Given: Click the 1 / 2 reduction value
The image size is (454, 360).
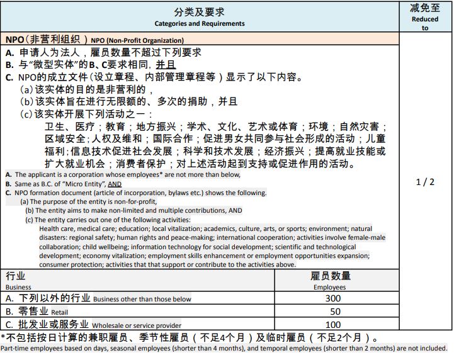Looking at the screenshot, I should [425, 182].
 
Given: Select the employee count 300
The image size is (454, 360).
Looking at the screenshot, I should [334, 298].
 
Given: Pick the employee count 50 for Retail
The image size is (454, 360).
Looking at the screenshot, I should [334, 312].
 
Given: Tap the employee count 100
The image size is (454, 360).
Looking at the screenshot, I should [334, 325].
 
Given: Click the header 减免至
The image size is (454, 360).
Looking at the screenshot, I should [425, 8].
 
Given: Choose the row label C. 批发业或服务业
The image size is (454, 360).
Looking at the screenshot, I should [47, 324].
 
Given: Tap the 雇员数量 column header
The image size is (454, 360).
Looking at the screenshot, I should [331, 276].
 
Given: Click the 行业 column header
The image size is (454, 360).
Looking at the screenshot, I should [16, 276].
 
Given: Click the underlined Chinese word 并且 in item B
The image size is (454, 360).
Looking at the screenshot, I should [166, 65].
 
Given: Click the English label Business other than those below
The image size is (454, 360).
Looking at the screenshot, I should [142, 299].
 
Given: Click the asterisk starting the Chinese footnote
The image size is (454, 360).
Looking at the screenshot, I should [3, 338].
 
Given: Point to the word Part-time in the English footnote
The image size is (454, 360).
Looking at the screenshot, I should [14, 348].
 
